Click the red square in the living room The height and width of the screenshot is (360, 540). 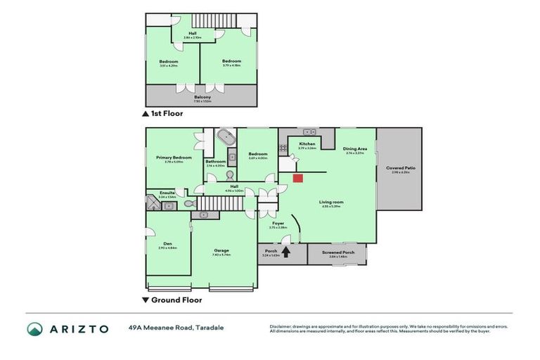pos(297,178)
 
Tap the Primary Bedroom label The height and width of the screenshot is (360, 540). pos(173,157)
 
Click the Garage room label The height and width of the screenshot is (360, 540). pos(221,250)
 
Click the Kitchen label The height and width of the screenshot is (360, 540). pos(307,143)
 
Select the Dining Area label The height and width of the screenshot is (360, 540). pos(354,148)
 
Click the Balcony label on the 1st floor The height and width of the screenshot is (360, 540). pos(202,97)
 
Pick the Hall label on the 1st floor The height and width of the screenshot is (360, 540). pos(192,32)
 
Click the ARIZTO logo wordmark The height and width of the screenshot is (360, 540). pos(78,328)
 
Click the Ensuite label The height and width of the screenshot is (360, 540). pos(167,192)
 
